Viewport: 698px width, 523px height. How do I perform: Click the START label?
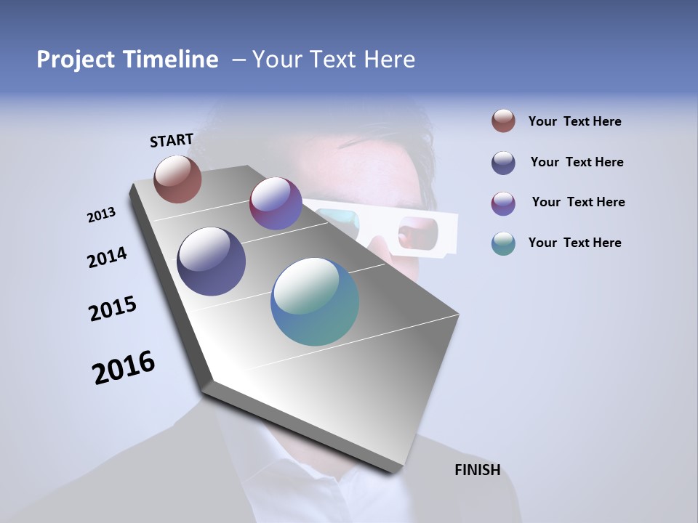coord(172,140)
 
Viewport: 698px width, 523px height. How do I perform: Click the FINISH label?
coord(477,470)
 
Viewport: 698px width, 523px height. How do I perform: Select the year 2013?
coord(102,215)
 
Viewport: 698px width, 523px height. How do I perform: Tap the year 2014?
coord(108,257)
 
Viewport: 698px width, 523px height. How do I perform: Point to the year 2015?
coord(113,309)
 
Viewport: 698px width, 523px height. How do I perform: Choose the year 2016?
coord(124,368)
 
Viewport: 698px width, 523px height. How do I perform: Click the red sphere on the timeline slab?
coord(177,179)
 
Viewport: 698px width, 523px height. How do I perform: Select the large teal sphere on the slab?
coord(315,301)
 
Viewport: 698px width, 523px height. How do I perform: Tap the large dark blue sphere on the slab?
coord(211,261)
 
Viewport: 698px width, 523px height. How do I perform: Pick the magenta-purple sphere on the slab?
coord(276,203)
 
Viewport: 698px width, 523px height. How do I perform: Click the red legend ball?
coord(503,121)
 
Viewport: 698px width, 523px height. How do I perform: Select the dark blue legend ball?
coord(503,162)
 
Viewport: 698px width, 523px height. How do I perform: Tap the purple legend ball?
coord(503,203)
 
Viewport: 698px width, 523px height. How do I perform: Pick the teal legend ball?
coord(503,243)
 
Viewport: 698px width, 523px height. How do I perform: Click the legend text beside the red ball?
coord(574,121)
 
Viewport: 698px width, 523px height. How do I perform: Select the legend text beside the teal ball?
coord(574,243)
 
